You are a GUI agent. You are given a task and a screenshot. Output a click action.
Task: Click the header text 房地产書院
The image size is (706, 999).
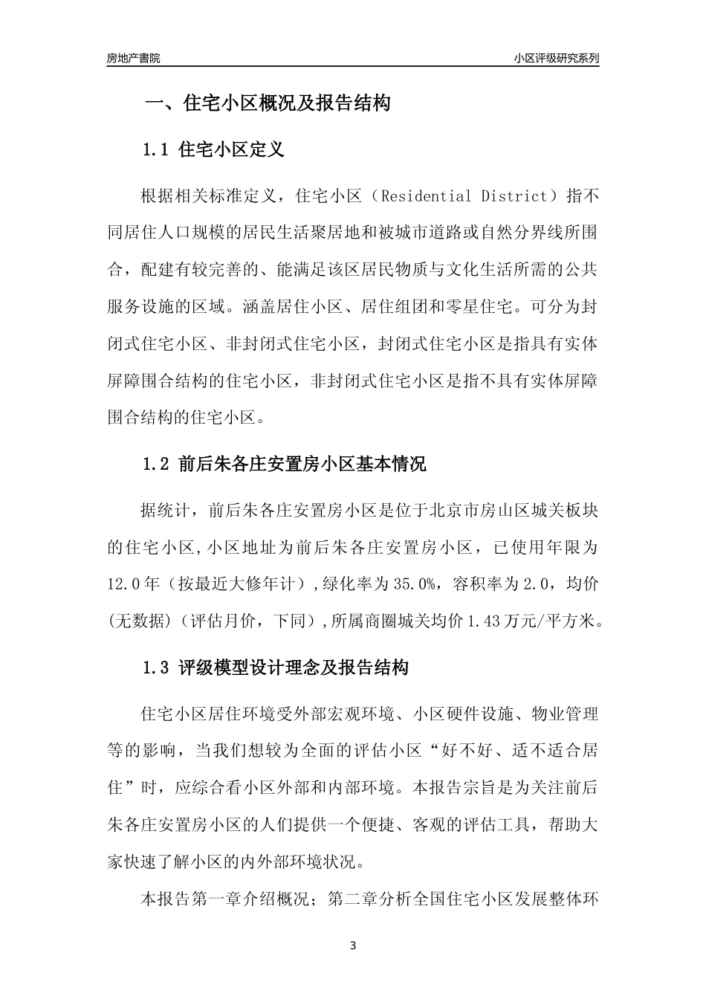133,58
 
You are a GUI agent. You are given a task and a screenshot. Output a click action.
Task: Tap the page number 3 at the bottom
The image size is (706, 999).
352,946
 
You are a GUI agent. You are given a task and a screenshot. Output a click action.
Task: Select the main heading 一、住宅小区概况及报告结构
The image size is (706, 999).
267,103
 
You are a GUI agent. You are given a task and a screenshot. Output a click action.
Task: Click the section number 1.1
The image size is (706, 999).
156,150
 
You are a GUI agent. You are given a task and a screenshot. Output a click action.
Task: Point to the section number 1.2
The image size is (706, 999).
156,465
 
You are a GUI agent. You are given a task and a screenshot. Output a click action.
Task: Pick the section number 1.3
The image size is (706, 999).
156,667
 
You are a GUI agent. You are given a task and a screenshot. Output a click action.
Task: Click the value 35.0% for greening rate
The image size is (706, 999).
413,584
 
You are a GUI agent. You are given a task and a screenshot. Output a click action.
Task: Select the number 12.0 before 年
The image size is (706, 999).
124,584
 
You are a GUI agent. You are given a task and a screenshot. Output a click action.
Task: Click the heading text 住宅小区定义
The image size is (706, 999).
232,150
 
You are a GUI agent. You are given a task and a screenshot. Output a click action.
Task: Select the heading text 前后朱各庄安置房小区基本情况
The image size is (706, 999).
303,465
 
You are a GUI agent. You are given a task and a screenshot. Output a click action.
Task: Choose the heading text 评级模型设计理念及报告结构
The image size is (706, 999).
294,667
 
